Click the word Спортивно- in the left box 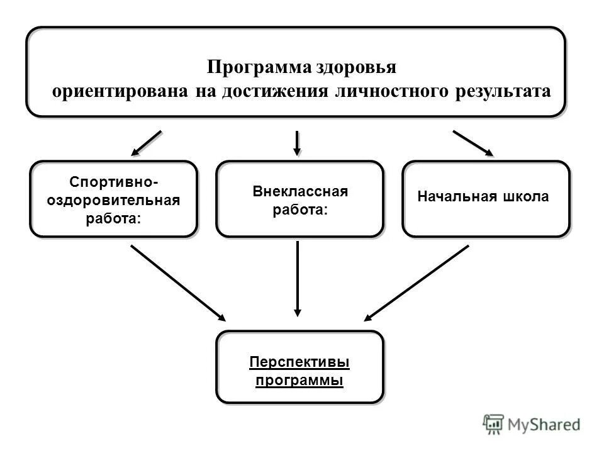click(114, 182)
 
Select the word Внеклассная click(300, 191)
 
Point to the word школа click(525, 197)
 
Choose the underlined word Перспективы click(299, 362)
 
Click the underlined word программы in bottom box click(299, 381)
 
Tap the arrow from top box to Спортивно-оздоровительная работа click(146, 143)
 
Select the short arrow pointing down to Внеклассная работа click(298, 143)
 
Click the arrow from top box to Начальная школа click(473, 143)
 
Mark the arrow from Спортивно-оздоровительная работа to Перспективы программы click(177, 282)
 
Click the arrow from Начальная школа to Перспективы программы click(417, 282)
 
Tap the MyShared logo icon click(494, 425)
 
